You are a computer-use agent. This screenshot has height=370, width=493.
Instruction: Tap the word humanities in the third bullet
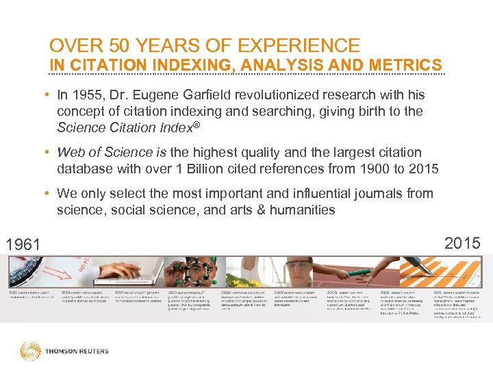(302, 210)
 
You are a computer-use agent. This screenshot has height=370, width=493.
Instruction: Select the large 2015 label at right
(462, 242)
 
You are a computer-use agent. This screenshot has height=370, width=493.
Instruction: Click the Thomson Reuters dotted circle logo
(30, 351)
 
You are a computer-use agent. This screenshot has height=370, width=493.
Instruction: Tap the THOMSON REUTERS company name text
(77, 351)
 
